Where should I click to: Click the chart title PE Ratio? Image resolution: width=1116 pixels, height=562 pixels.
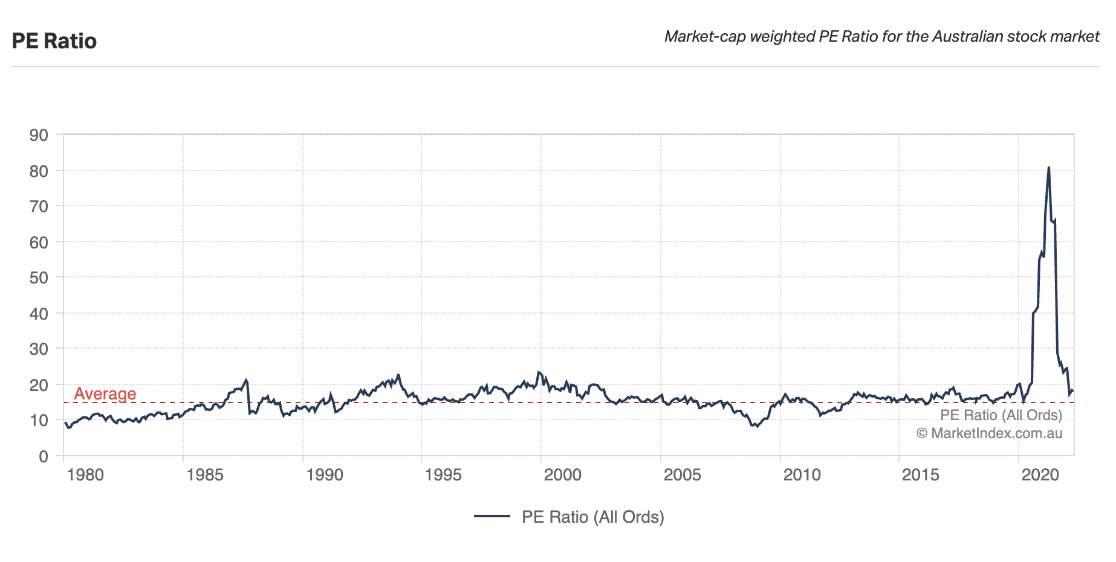pyautogui.click(x=54, y=41)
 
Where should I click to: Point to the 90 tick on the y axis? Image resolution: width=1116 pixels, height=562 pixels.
pyautogui.click(x=39, y=135)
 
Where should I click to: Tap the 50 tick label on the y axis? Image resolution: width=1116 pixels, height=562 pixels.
pyautogui.click(x=39, y=278)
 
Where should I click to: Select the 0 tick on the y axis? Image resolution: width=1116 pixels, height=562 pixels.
pyautogui.click(x=43, y=457)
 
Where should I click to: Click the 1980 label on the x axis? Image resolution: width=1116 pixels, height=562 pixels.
pyautogui.click(x=85, y=475)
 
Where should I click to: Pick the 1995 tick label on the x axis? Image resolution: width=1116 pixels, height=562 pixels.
pyautogui.click(x=443, y=475)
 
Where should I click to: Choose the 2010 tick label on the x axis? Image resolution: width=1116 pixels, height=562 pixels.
pyautogui.click(x=802, y=475)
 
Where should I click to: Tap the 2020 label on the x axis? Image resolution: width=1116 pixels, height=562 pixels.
pyautogui.click(x=1040, y=475)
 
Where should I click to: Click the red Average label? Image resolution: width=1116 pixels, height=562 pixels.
pyautogui.click(x=105, y=394)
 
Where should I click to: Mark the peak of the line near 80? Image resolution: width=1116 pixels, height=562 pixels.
pyautogui.click(x=1048, y=167)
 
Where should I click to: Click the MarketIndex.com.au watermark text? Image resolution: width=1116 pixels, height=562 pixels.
pyautogui.click(x=989, y=433)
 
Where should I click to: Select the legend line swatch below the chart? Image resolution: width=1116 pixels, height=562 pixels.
pyautogui.click(x=492, y=517)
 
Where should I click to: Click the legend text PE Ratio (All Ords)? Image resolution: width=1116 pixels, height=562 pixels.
pyautogui.click(x=592, y=517)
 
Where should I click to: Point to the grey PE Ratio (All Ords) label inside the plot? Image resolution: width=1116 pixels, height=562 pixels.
pyautogui.click(x=1001, y=415)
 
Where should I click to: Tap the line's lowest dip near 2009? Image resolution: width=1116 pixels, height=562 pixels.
pyautogui.click(x=756, y=427)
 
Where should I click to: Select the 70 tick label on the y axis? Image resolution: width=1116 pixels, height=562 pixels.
pyautogui.click(x=39, y=207)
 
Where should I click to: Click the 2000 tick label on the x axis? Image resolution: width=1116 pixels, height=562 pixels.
pyautogui.click(x=562, y=475)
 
